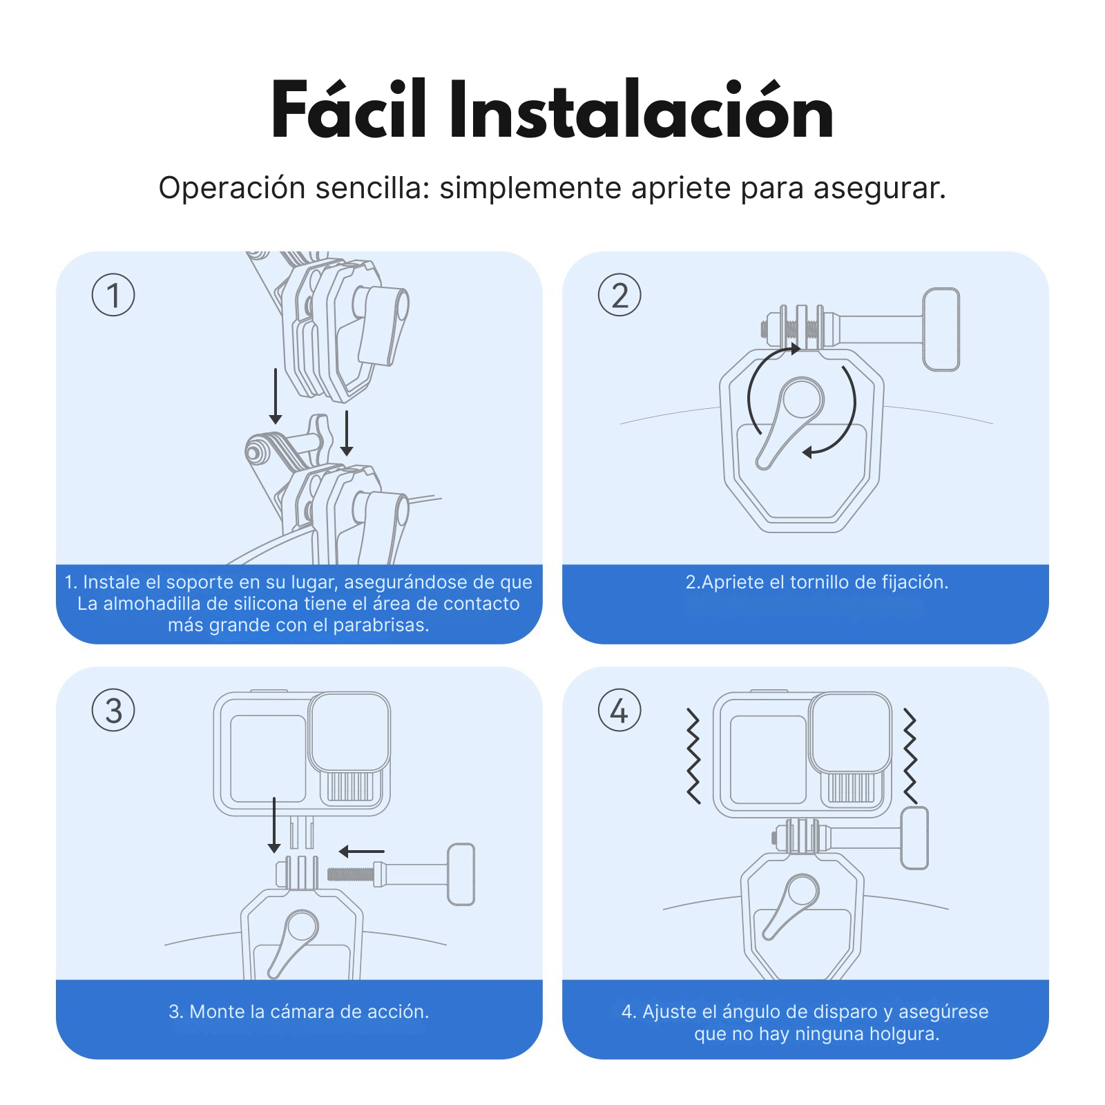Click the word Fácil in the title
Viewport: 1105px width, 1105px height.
pos(349,110)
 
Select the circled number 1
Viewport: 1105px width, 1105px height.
pos(113,295)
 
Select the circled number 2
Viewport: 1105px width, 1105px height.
pos(619,295)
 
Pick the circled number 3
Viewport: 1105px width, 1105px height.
pos(113,711)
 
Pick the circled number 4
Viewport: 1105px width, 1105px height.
pos(619,711)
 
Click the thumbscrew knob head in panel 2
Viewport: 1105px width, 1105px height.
pos(941,329)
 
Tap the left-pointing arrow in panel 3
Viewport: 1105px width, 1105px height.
pos(361,852)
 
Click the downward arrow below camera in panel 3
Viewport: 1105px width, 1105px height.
pos(274,825)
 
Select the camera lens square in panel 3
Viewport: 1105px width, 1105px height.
pos(349,732)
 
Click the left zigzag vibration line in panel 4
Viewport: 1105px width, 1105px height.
pos(693,756)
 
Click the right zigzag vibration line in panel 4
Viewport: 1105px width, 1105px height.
pos(910,756)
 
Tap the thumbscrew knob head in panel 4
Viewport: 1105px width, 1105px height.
pos(914,838)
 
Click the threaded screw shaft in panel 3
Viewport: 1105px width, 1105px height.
pos(350,874)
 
